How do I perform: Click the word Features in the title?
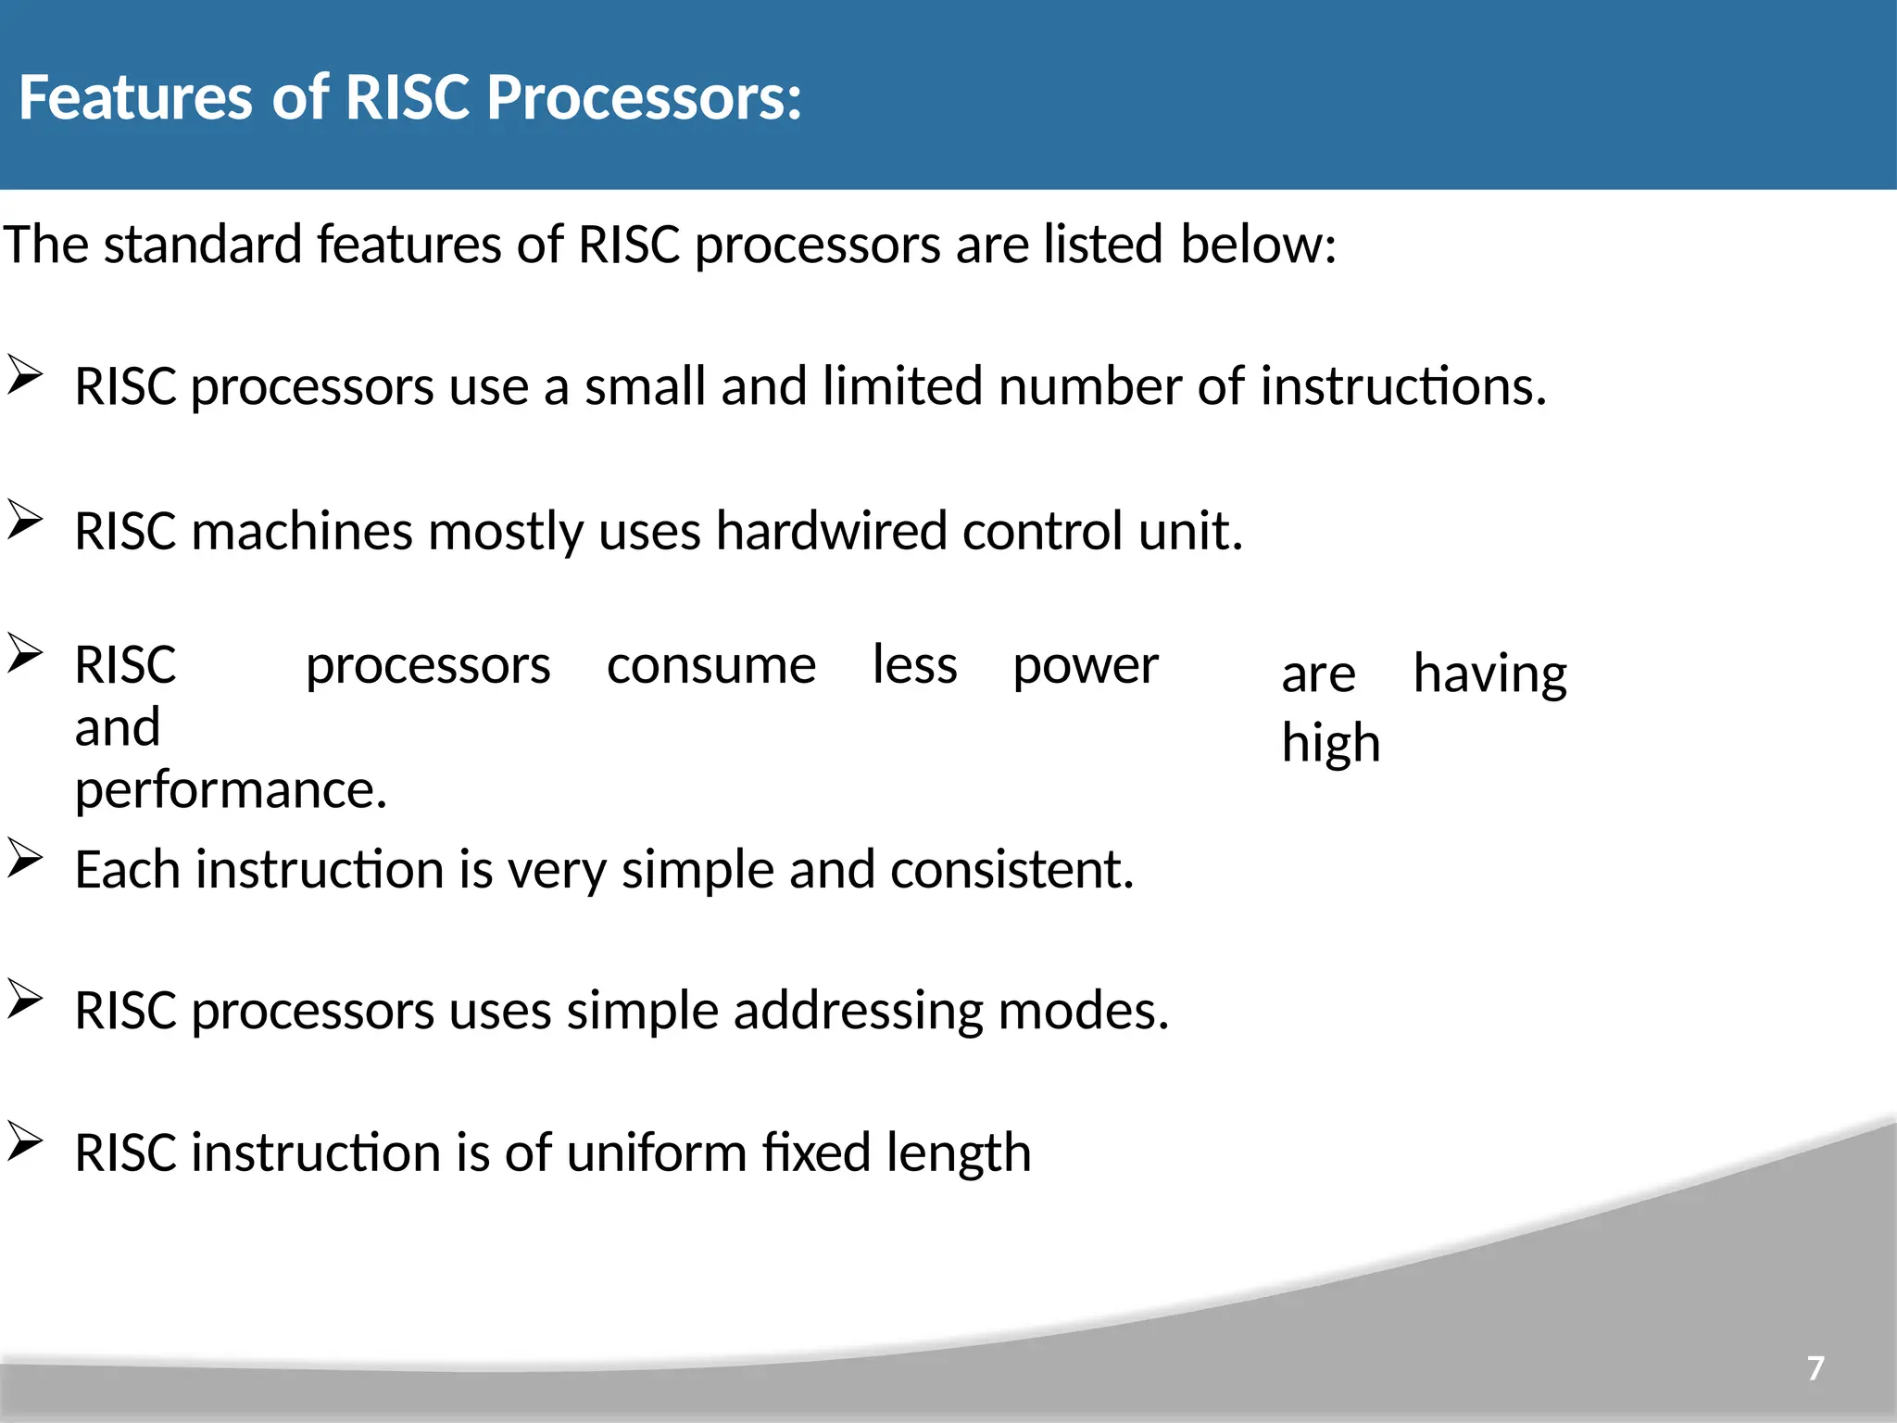tap(135, 97)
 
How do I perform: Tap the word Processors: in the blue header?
tap(644, 97)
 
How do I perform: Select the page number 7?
tap(1815, 1367)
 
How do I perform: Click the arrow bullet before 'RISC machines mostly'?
tap(25, 520)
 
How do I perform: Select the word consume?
tap(710, 666)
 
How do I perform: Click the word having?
tap(1489, 674)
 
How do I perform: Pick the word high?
tap(1330, 744)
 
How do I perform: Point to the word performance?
tap(231, 790)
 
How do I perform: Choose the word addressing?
tap(858, 1011)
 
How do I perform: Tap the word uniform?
tap(656, 1153)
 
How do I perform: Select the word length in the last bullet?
tap(958, 1153)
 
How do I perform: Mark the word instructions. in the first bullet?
tap(1402, 386)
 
